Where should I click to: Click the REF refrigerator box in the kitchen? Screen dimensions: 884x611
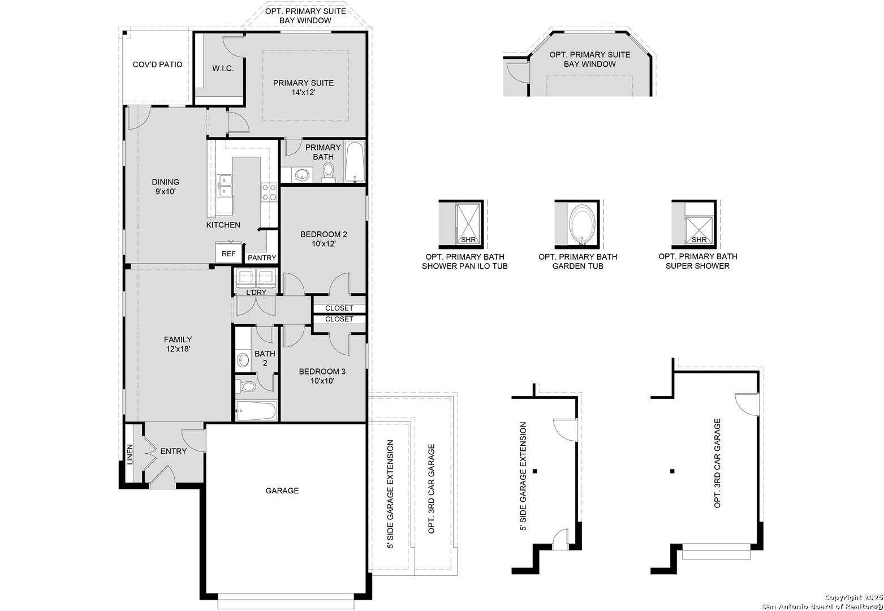click(228, 253)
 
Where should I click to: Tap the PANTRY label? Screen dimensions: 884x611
click(262, 258)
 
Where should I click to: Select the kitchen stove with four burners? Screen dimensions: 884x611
click(270, 192)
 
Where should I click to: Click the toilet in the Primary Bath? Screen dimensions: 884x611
click(329, 173)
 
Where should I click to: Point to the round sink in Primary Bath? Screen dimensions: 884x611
click(302, 174)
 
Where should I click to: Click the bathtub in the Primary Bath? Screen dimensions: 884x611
click(355, 162)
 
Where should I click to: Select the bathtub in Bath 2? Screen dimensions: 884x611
click(256, 411)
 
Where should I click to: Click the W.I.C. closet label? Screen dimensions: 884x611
click(223, 68)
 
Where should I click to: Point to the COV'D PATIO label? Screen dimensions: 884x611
click(157, 64)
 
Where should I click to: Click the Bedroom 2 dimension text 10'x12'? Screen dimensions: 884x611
click(324, 243)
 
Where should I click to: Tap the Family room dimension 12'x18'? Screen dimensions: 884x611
click(178, 349)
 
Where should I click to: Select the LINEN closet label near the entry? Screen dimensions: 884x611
click(130, 455)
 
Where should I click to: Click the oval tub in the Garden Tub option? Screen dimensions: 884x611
click(582, 224)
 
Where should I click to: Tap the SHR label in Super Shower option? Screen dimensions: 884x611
click(699, 239)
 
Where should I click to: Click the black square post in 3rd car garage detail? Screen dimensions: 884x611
click(672, 471)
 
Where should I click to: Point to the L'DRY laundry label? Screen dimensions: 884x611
click(256, 292)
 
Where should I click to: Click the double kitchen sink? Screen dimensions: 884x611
click(225, 186)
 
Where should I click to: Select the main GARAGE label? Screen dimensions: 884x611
click(282, 490)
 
